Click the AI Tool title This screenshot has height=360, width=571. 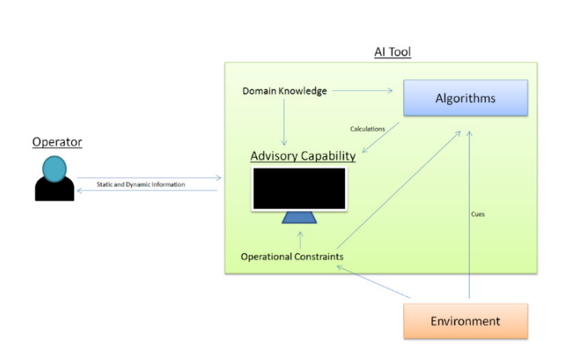392,52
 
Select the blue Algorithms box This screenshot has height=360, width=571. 465,98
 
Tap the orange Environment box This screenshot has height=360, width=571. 465,321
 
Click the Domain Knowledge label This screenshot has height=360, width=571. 284,91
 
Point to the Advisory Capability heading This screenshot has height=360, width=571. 303,156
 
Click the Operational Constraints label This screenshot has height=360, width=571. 292,257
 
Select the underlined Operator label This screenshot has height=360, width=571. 57,141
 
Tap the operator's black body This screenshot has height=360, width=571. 55,191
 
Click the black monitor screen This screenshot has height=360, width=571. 300,189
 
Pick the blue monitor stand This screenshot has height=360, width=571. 300,217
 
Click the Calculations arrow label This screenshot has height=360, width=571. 367,129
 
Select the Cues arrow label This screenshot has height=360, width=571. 478,214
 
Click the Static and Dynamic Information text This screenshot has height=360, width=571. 140,184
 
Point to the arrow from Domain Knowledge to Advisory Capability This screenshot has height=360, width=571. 284,120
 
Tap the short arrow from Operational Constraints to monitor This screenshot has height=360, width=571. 300,240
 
